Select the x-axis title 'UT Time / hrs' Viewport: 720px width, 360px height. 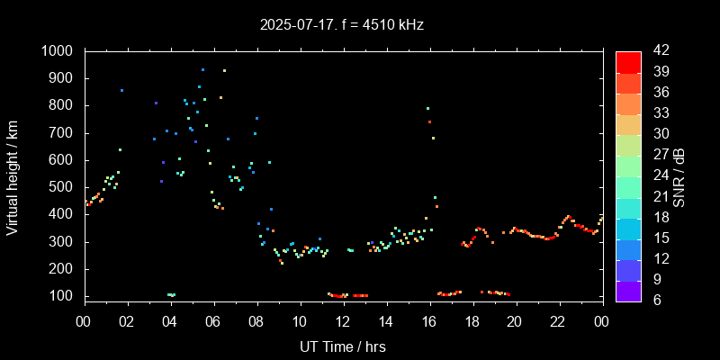[x=343, y=346]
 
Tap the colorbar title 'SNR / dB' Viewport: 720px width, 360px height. [x=679, y=175]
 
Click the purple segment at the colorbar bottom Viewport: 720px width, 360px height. [x=628, y=290]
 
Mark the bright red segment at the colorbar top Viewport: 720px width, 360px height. [x=628, y=61]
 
